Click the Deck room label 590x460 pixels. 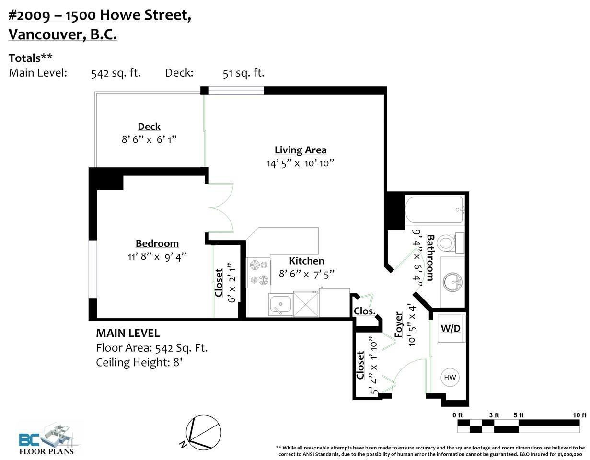click(x=149, y=126)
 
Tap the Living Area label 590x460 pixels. click(x=301, y=150)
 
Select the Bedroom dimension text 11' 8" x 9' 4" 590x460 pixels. click(x=157, y=256)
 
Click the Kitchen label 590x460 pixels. click(x=307, y=261)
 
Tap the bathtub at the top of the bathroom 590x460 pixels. click(x=434, y=210)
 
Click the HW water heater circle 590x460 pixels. click(x=450, y=377)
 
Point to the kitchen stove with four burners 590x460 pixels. click(x=258, y=272)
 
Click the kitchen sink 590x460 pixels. click(x=281, y=304)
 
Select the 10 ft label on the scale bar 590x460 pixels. click(x=579, y=415)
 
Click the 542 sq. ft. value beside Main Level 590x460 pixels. click(x=116, y=73)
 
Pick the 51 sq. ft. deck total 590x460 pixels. click(x=243, y=73)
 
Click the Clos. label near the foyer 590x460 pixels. click(x=365, y=311)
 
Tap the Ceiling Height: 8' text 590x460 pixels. click(x=139, y=363)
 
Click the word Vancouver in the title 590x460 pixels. click(x=46, y=34)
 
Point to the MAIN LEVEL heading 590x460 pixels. click(x=128, y=333)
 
